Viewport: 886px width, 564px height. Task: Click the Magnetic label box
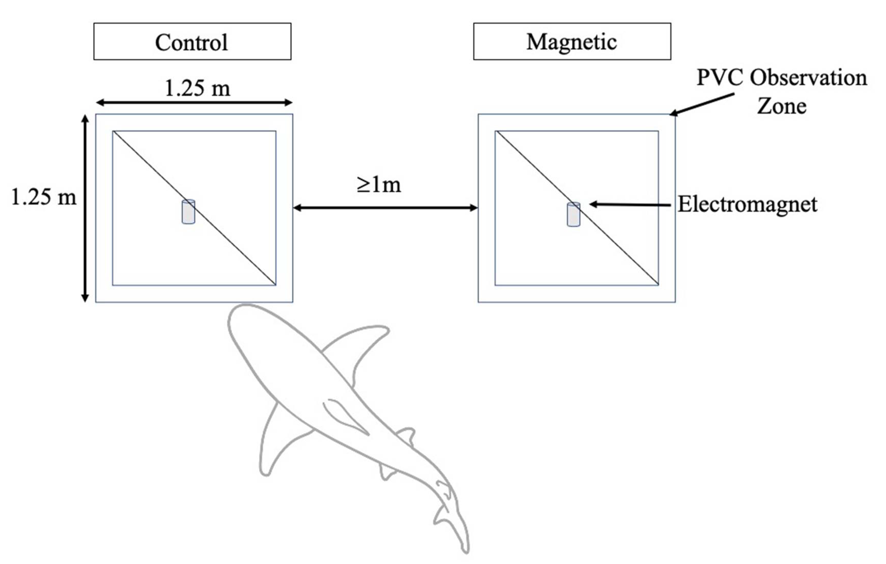[x=572, y=41]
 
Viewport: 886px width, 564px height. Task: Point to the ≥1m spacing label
[x=379, y=185]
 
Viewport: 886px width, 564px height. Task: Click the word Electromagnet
[x=748, y=204]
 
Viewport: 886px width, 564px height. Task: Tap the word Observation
[x=809, y=78]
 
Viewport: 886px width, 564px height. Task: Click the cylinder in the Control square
[x=188, y=212]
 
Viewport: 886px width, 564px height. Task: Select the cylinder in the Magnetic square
[x=573, y=214]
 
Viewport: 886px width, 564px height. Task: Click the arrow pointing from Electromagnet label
[x=630, y=204]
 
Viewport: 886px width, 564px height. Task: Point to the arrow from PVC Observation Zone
[x=702, y=104]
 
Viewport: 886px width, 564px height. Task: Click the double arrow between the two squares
[x=385, y=208]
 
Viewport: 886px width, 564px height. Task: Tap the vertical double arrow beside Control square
[x=85, y=208]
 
